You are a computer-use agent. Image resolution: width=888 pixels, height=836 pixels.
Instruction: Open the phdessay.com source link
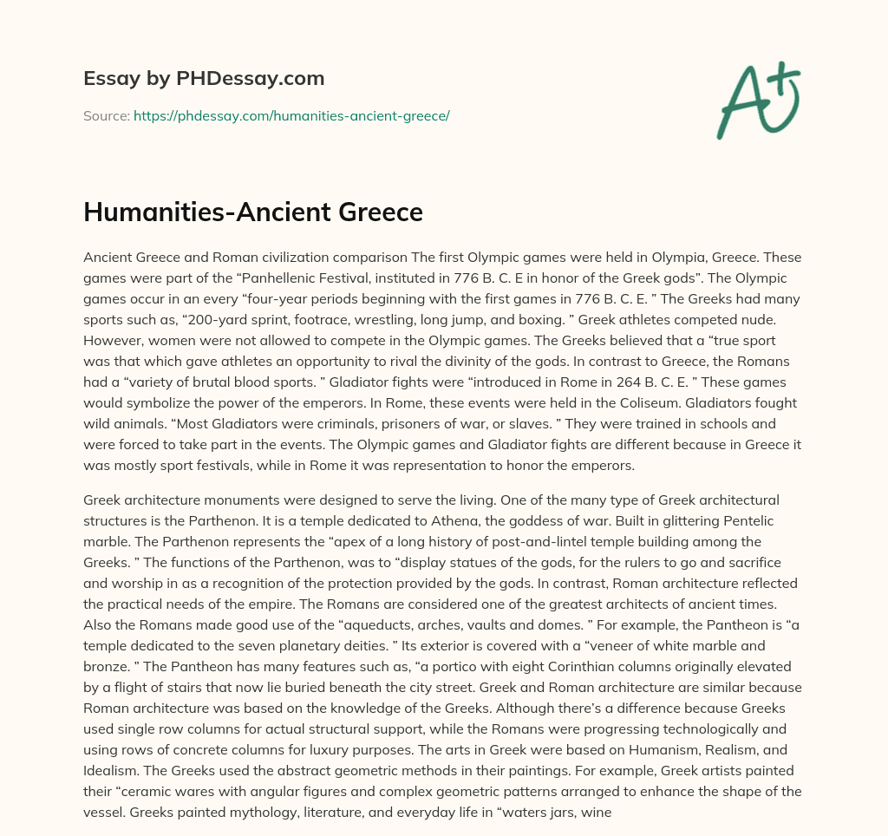[x=291, y=115]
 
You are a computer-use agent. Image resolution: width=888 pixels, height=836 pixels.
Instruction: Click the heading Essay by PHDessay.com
[x=204, y=79]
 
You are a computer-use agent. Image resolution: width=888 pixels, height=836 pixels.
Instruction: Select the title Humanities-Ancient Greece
[x=253, y=212]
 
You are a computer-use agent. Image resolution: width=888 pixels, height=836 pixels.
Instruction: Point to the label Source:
[x=106, y=115]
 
